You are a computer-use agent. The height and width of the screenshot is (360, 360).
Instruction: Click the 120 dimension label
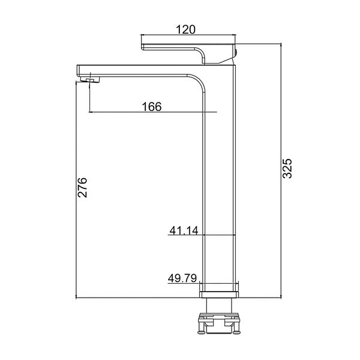tap(185, 29)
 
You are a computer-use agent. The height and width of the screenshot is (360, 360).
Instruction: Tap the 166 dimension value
tap(152, 107)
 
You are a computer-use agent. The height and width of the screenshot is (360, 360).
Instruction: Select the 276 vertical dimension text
tap(82, 187)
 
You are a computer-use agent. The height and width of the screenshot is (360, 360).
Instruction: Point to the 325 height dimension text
tap(287, 168)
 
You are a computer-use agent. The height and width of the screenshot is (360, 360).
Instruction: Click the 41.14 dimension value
tap(184, 230)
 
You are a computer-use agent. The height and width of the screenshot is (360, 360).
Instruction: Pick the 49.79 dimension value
tap(182, 278)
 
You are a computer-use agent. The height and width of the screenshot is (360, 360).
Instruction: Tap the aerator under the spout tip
tap(91, 80)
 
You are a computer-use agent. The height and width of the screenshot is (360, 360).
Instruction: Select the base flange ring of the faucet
tap(219, 295)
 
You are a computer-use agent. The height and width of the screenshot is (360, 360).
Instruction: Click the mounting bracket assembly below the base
tap(219, 323)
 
